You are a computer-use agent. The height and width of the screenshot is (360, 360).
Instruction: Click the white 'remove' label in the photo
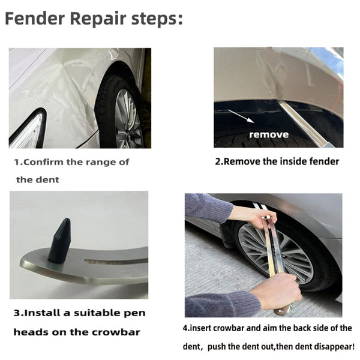point(268,134)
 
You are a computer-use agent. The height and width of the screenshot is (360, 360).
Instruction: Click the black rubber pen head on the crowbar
point(60,241)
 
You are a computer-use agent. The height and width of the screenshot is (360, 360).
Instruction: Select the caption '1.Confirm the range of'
point(71,162)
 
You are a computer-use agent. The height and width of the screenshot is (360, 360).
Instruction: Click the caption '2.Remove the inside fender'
point(277,161)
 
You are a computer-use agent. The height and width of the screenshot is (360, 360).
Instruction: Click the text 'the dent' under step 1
point(38,180)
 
